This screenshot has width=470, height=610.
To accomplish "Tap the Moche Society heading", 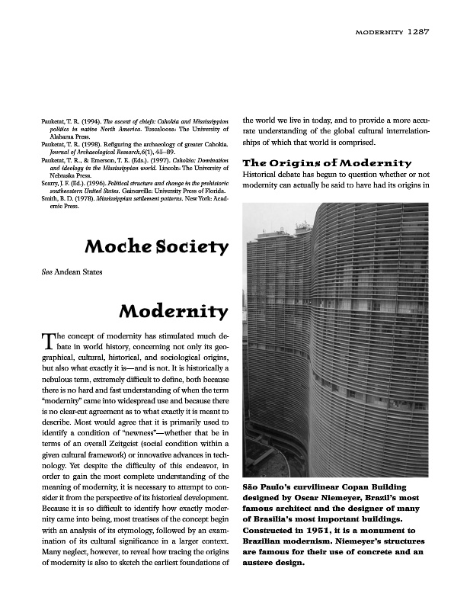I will click(x=156, y=247).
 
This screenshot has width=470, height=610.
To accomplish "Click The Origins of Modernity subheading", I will click(x=326, y=162).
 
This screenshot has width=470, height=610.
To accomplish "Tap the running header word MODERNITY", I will click(x=379, y=33).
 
